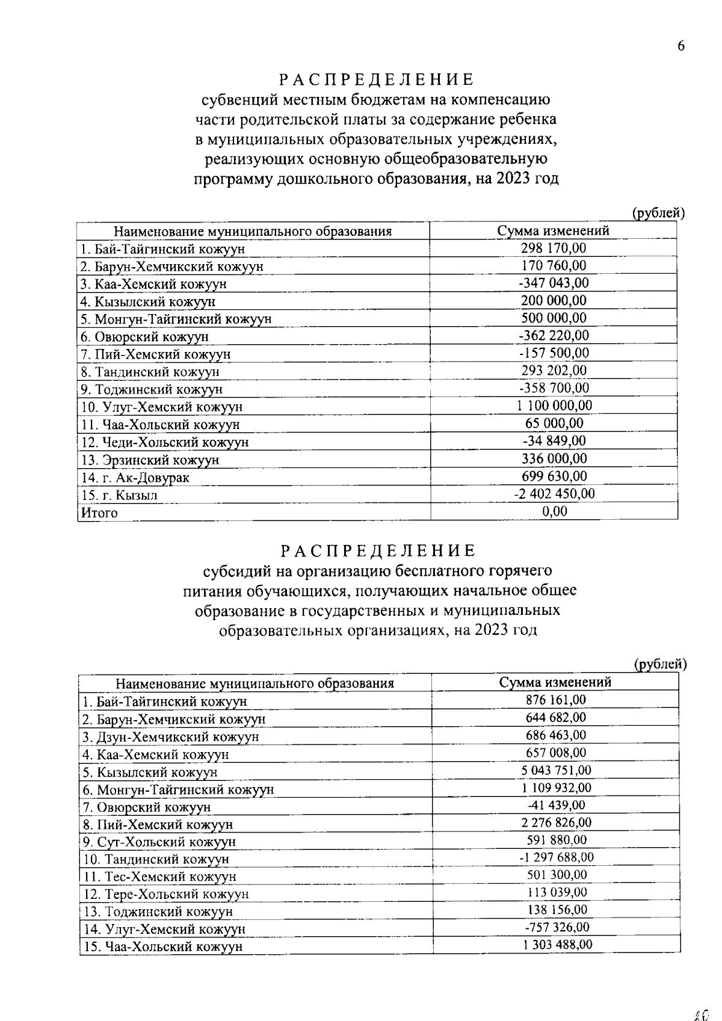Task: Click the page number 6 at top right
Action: (680, 47)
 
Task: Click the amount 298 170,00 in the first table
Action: (553, 248)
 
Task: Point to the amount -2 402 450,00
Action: (554, 493)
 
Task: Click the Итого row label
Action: (99, 513)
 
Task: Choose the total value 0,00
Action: (554, 511)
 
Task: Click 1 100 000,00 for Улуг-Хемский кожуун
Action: (554, 406)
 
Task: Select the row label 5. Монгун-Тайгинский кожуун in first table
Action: (176, 319)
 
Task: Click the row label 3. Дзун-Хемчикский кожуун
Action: (170, 736)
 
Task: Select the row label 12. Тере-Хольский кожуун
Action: (165, 894)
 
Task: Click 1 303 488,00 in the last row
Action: (557, 945)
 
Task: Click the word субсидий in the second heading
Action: (236, 570)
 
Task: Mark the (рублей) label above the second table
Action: (661, 664)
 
